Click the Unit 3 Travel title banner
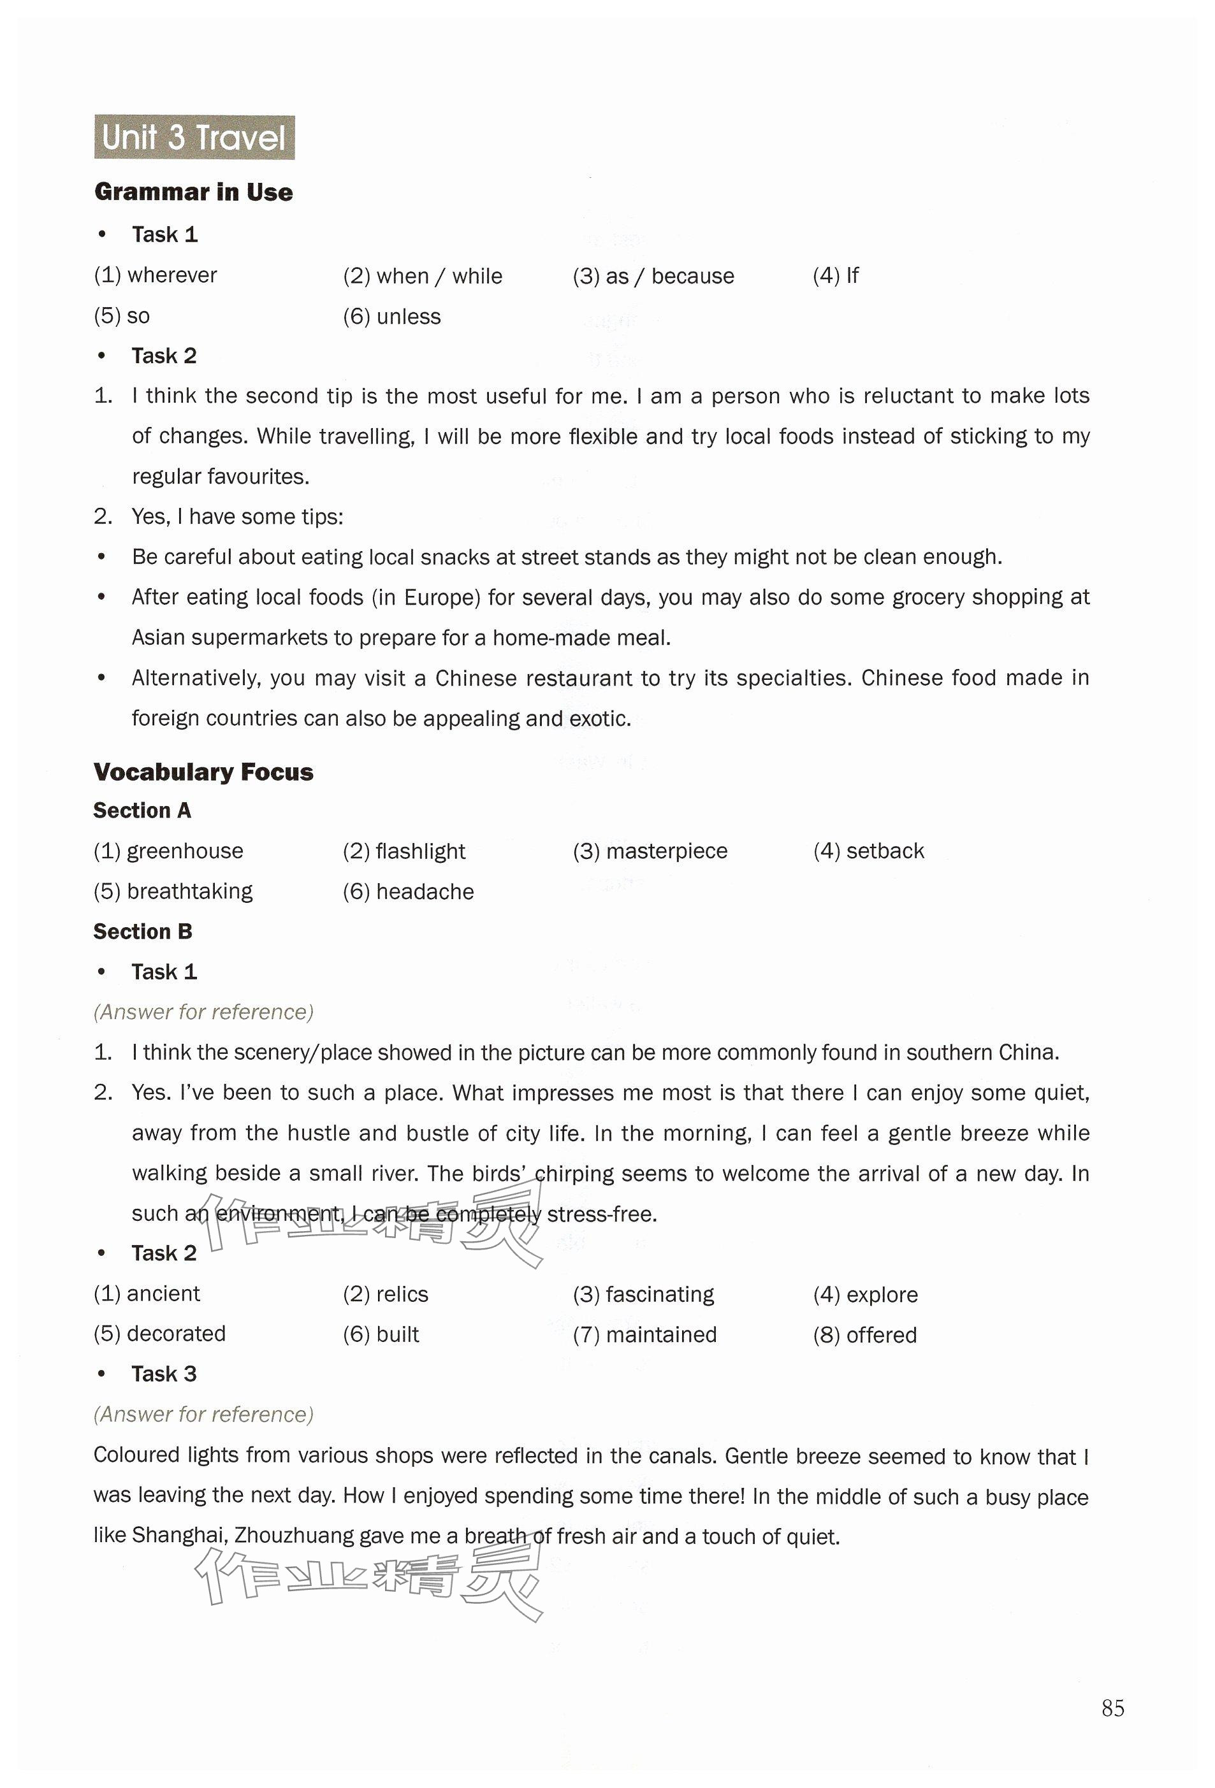tap(194, 138)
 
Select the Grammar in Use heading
tap(193, 192)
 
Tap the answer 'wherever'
tap(171, 275)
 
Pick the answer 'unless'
tap(408, 317)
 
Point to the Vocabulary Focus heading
tap(203, 772)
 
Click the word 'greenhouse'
tap(185, 851)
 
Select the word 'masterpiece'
tap(666, 851)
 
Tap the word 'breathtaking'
tap(189, 891)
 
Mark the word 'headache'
tap(425, 891)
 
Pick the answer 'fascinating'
tap(659, 1295)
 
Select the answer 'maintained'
tap(661, 1335)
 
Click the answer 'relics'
tap(402, 1295)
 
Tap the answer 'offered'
tap(881, 1335)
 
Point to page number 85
tap(1112, 1708)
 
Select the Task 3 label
tap(164, 1374)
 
